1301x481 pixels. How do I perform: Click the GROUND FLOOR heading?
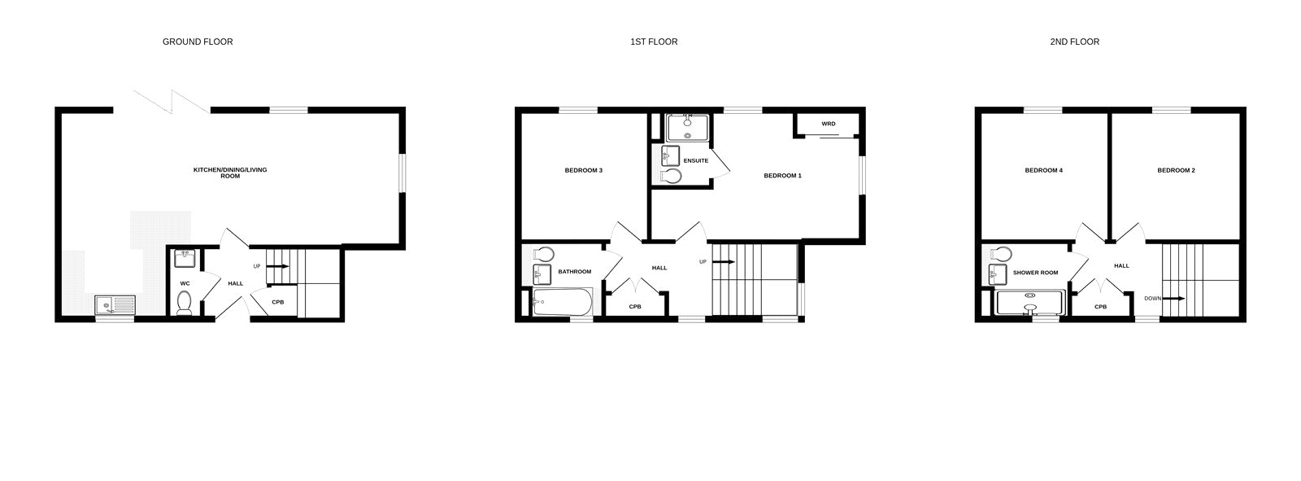coord(198,42)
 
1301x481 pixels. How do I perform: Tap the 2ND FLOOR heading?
coord(1074,42)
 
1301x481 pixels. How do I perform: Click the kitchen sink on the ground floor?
coord(115,305)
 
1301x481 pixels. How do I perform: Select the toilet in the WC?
coord(184,303)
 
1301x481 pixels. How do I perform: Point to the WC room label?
coord(185,284)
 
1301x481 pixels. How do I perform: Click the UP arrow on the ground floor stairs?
coord(277,266)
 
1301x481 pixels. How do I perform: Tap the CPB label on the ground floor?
coord(278,303)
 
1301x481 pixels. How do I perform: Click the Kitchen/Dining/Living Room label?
coord(230,173)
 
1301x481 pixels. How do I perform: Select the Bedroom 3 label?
coord(584,170)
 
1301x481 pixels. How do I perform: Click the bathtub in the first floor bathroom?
coord(562,302)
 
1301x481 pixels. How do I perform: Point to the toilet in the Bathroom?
coord(542,254)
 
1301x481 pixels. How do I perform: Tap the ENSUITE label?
coord(696,160)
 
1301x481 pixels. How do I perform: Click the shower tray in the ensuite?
coord(688,128)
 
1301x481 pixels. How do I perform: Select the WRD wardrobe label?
coord(829,124)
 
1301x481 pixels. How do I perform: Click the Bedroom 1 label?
coord(782,176)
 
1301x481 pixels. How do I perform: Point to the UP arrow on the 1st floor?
coord(724,262)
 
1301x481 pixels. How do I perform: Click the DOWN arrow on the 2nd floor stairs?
coord(1174,299)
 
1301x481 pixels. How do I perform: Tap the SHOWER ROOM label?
coord(1036,273)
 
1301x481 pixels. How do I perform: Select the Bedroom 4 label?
coord(1044,170)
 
